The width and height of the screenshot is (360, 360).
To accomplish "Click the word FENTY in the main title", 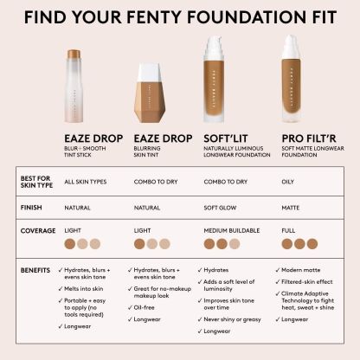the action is pos(155,16).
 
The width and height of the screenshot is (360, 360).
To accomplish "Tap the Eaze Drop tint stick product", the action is pos(74,86).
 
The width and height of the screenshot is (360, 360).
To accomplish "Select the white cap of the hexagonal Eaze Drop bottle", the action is pos(149,73).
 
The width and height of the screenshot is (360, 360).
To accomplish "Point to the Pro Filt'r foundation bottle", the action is pos(291,79).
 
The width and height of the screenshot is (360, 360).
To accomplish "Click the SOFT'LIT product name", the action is pos(226,138).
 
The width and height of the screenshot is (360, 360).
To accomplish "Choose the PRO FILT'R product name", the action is pos(309,138).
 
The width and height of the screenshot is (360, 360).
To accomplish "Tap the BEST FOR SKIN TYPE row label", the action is pos(36,182).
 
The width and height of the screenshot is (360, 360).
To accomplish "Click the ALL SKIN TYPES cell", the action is pos(86,182).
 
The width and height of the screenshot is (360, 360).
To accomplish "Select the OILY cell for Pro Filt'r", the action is pos(287,182).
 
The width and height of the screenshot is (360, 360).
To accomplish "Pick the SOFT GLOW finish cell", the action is pos(220,208).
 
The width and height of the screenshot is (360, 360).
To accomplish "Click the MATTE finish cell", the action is pos(291,208).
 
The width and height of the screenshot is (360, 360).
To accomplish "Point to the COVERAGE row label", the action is pos(38,231).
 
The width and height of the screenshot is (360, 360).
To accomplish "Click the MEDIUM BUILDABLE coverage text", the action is pos(232,230).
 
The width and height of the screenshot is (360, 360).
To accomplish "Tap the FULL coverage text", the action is pos(288,230).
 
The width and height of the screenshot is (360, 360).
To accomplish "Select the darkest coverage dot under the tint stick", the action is pos(70,244).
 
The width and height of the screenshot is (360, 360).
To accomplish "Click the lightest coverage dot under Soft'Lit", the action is pos(235,244).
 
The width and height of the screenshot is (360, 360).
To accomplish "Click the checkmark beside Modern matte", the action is pos(278,270).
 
